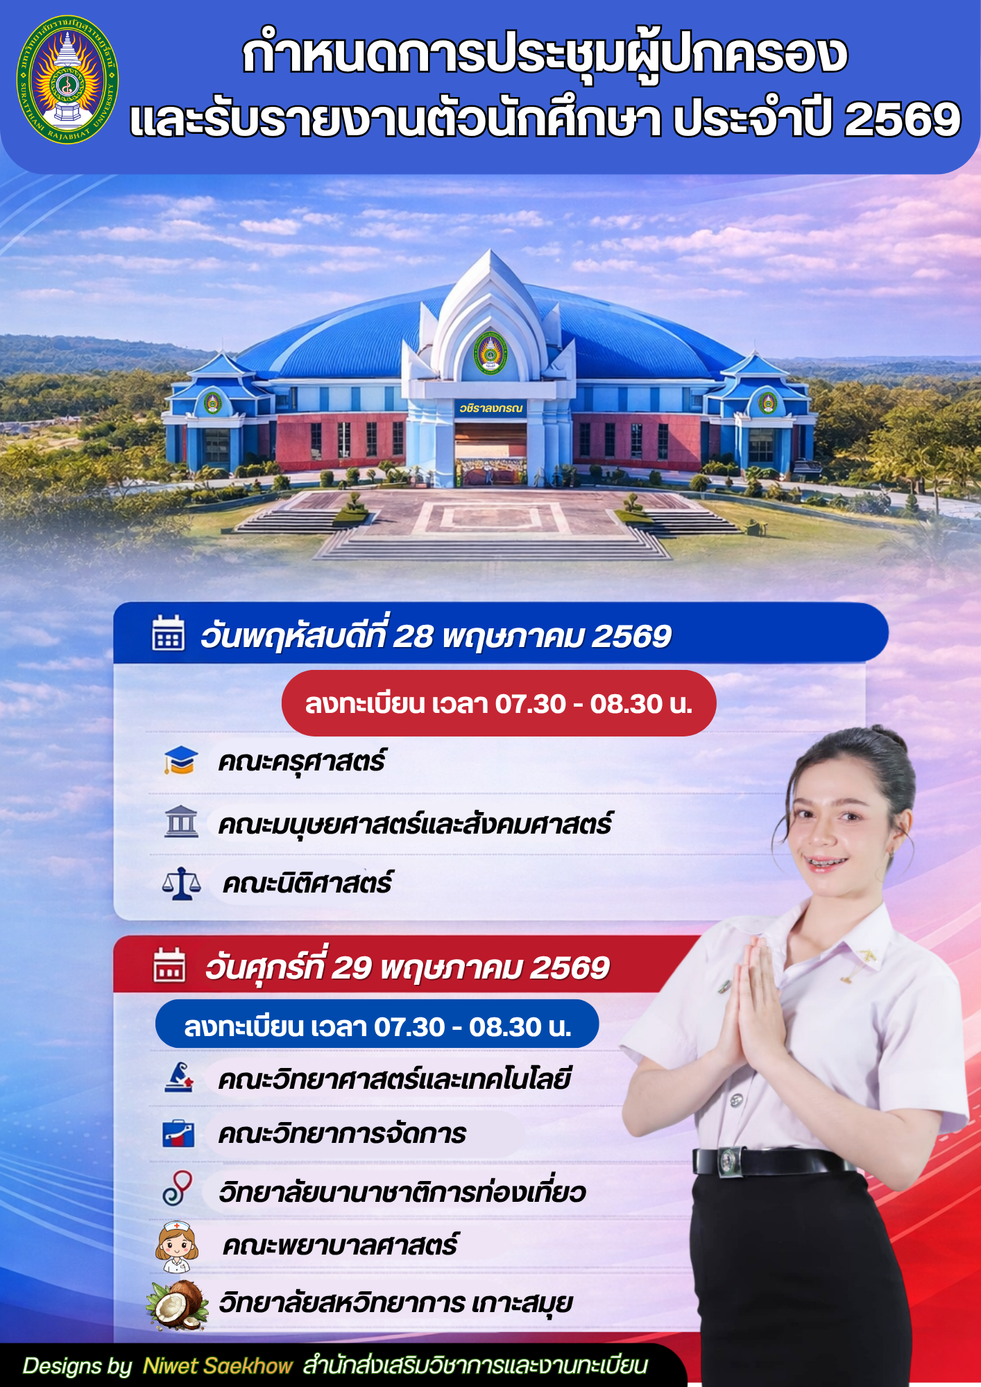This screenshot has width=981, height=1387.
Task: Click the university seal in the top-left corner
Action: click(67, 79)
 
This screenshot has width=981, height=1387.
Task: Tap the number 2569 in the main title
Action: click(902, 119)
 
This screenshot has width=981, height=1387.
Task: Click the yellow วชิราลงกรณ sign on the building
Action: click(490, 408)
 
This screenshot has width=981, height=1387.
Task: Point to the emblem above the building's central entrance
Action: click(490, 352)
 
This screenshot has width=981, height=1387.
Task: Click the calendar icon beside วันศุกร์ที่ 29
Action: click(169, 965)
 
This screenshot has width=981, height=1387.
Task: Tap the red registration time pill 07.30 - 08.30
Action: click(499, 703)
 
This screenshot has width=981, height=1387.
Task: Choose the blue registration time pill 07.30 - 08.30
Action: click(377, 1024)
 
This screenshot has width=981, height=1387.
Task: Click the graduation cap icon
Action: click(181, 760)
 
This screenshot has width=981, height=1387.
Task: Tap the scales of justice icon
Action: click(181, 884)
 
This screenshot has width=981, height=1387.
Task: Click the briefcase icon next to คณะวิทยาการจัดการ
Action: click(178, 1133)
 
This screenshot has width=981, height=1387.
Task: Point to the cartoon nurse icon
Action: click(177, 1246)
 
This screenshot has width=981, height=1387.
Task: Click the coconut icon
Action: click(178, 1304)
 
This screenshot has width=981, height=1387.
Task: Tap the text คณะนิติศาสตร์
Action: click(307, 884)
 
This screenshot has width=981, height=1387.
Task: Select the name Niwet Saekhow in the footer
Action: click(218, 1366)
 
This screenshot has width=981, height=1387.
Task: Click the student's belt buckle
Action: click(728, 1162)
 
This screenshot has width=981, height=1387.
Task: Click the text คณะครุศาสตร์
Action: click(302, 761)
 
